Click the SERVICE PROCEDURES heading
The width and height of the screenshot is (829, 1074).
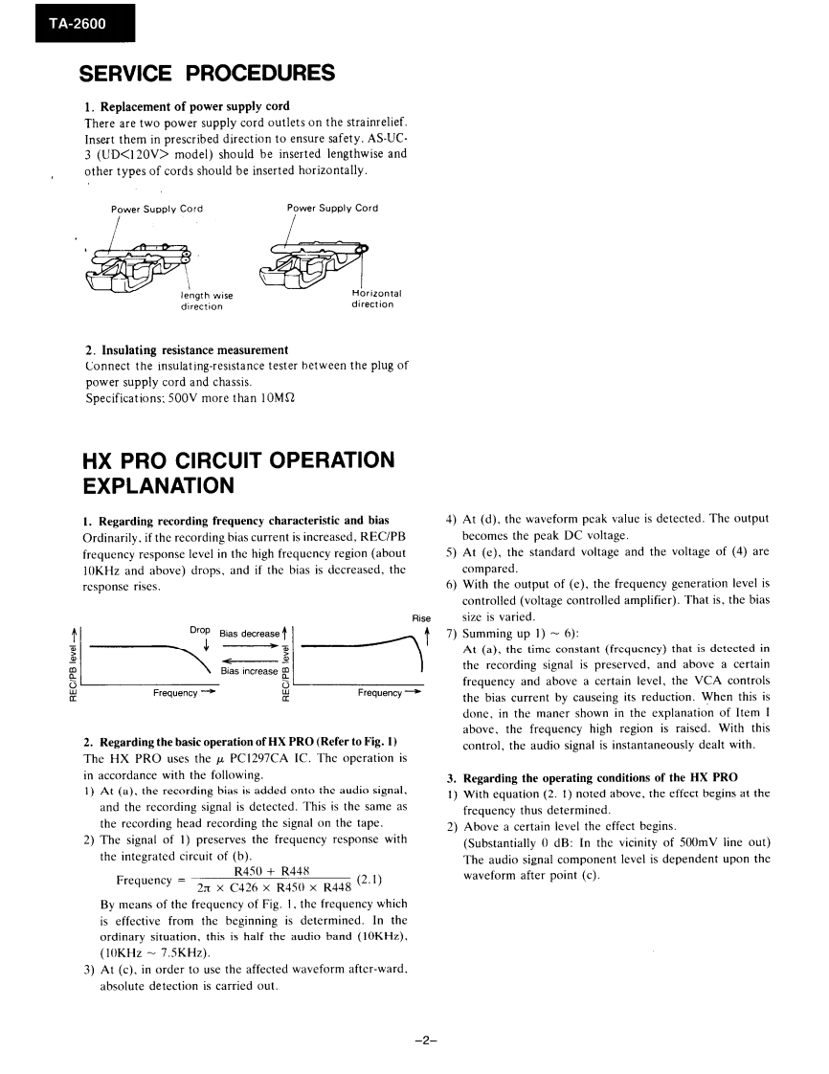[x=207, y=74]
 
